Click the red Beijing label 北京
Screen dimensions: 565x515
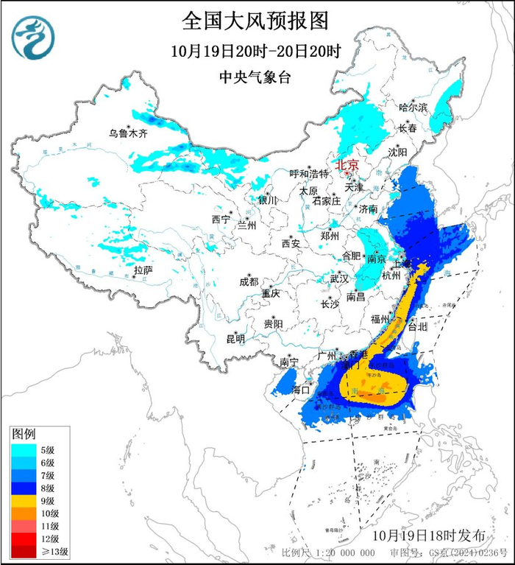(x=347, y=166)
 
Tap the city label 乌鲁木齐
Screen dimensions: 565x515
(x=128, y=133)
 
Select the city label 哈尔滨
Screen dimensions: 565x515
(x=413, y=108)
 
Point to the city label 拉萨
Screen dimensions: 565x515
(x=143, y=271)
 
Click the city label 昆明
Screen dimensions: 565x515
(x=235, y=339)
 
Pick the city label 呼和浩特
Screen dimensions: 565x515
(x=308, y=175)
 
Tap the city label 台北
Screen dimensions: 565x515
(x=417, y=325)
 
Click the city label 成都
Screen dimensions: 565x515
(x=249, y=281)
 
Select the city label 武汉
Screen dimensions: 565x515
(x=339, y=279)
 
